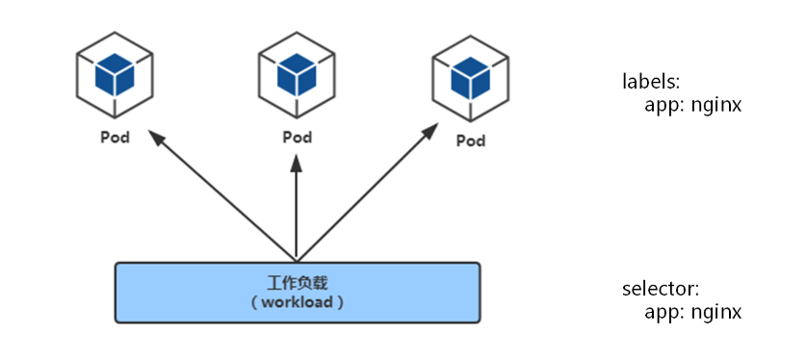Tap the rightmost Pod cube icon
click(x=470, y=77)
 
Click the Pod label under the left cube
click(x=115, y=136)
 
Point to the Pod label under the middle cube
click(x=297, y=136)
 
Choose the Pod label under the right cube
click(x=470, y=141)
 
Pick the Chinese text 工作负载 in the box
click(x=297, y=283)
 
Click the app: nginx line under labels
click(x=692, y=105)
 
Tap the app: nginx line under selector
click(x=692, y=312)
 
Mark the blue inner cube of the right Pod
click(x=470, y=74)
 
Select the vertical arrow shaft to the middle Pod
click(x=297, y=212)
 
